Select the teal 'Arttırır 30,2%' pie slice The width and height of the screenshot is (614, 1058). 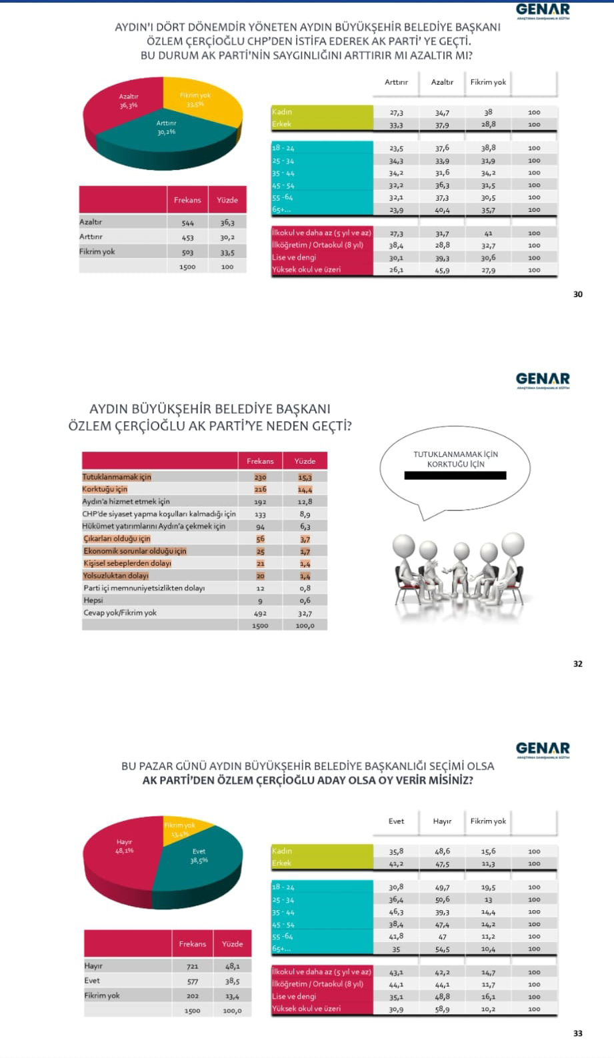[167, 137]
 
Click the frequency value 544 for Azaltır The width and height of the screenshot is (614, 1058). [187, 223]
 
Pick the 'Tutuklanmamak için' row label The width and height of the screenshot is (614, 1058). [117, 477]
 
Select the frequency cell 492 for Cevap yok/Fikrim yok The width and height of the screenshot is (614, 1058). [260, 613]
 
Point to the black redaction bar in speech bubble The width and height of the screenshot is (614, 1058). [455, 476]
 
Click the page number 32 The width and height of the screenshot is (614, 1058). [577, 664]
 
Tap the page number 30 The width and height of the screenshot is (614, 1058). [577, 294]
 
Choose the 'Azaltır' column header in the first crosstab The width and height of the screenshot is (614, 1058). [442, 82]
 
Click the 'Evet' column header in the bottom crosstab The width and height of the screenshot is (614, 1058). [396, 821]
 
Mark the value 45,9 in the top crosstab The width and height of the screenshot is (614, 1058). [442, 270]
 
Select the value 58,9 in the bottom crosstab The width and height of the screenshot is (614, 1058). [442, 1009]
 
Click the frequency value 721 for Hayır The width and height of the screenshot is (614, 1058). [193, 966]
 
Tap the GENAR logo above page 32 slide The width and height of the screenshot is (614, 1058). [543, 380]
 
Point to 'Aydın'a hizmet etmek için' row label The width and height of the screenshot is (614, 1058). [126, 502]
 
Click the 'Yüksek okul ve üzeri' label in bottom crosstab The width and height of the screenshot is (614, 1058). [306, 1009]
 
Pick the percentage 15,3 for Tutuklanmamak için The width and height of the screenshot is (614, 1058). [305, 477]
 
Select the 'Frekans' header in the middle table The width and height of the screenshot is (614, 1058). [260, 461]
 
